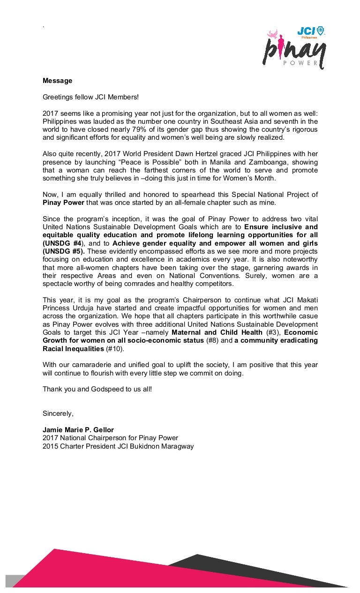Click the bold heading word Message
(x=57, y=81)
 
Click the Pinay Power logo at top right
(x=294, y=49)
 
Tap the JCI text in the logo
(x=307, y=31)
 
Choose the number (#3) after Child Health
(x=273, y=332)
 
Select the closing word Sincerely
(x=58, y=413)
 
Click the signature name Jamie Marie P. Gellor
(x=78, y=430)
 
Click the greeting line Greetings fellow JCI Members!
(x=91, y=97)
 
